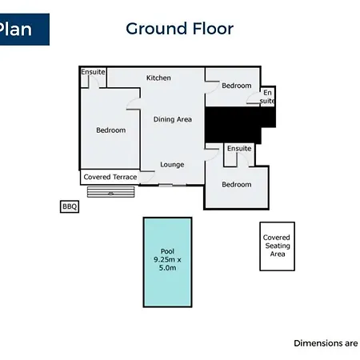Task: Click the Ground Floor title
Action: [x=180, y=29]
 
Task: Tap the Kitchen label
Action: [x=158, y=78]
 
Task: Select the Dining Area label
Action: [x=173, y=119]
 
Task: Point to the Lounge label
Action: [x=172, y=165]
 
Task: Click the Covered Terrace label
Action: [x=110, y=177]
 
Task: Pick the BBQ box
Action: [x=70, y=206]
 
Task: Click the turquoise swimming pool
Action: [x=168, y=262]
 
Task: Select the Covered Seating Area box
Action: [x=278, y=246]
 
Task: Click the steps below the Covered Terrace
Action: [x=111, y=192]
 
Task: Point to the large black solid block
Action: [x=234, y=125]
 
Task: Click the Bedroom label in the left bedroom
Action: [x=111, y=130]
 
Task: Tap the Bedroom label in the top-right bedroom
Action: [x=237, y=86]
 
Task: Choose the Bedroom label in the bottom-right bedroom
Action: [x=237, y=184]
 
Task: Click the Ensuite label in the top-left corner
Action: [x=93, y=72]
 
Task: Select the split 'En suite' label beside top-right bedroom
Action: [x=267, y=97]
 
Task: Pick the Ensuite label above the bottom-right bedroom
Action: [x=239, y=149]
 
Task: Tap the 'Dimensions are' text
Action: [x=326, y=343]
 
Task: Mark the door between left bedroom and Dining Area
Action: [x=134, y=104]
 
